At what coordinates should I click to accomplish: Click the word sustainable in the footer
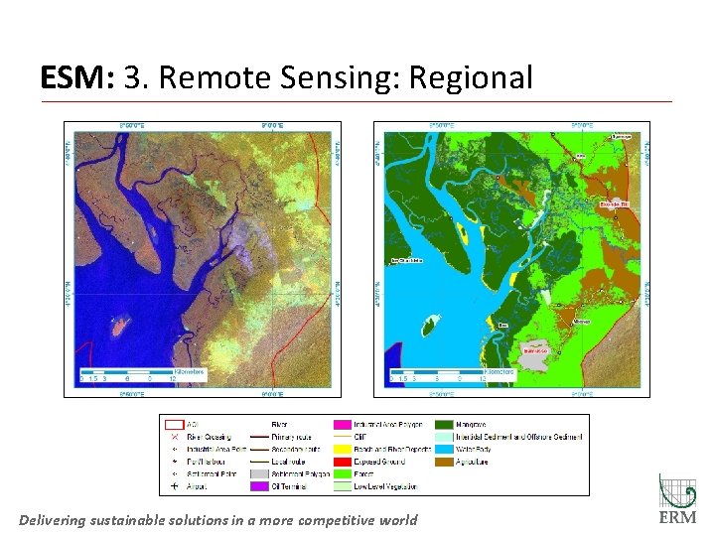(x=168, y=520)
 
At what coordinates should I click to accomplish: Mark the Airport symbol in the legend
(x=175, y=487)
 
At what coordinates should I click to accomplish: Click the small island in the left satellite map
(x=122, y=324)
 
